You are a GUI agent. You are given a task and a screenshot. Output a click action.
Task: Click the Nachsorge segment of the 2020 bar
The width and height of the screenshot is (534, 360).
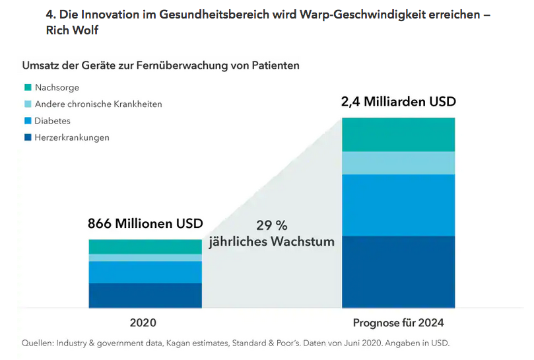[145, 246]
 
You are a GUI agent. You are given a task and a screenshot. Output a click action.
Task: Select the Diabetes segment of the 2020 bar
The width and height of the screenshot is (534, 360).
[145, 272]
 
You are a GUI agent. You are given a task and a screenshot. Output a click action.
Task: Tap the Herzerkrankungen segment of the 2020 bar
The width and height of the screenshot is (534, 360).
[145, 295]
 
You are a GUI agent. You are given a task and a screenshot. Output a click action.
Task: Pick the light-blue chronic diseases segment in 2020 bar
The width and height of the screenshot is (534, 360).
[145, 258]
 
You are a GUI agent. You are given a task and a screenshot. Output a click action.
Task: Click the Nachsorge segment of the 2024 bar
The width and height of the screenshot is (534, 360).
[398, 135]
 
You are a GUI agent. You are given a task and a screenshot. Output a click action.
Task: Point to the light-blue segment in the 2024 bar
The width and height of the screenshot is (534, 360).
[398, 162]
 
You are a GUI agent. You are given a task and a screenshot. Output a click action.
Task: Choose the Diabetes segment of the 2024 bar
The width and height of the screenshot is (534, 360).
[398, 205]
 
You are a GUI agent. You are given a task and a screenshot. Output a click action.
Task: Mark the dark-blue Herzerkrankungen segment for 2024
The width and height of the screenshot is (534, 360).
[398, 271]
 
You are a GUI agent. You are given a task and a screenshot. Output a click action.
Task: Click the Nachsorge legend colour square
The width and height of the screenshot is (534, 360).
[28, 87]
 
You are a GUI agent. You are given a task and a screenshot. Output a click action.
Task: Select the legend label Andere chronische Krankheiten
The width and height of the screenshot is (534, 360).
[98, 104]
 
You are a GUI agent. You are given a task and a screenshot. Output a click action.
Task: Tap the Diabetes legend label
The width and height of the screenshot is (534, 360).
[53, 121]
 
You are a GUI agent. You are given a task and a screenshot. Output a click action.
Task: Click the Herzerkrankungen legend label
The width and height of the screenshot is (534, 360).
[72, 137]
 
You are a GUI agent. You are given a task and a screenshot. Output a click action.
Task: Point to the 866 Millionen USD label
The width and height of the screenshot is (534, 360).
[145, 223]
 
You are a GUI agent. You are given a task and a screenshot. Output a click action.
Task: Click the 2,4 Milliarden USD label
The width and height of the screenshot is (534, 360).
[398, 102]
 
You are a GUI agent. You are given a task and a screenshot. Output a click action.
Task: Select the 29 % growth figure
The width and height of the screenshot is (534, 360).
[271, 225]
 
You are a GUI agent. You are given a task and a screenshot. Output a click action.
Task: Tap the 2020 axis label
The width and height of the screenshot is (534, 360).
[144, 324]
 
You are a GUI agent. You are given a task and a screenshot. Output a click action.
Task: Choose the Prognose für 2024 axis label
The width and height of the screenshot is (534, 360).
[398, 324]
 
